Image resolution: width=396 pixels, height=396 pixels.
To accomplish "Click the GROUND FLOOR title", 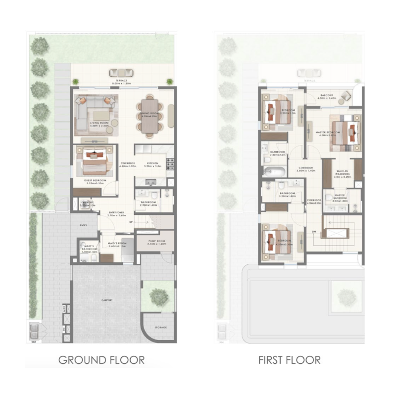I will pyautogui.click(x=101, y=360).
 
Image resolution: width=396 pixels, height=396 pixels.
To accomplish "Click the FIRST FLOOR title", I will pyautogui.click(x=289, y=360).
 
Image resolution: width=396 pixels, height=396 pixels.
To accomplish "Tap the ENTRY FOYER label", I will pyautogui.click(x=118, y=214).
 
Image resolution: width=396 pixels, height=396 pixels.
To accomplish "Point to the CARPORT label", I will pyautogui.click(x=106, y=300).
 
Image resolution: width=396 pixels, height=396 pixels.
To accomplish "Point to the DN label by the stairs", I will pyautogui.click(x=314, y=232).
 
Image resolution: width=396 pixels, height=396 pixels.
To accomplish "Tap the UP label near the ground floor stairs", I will pyautogui.click(x=130, y=222).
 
